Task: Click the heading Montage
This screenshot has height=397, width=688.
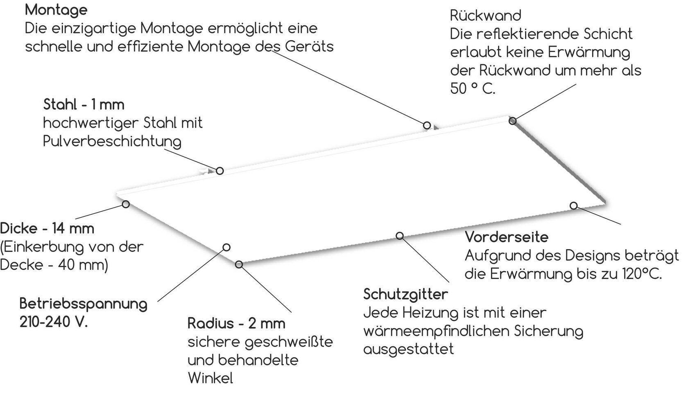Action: coord(56,9)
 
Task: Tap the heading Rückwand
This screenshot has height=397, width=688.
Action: coord(485,16)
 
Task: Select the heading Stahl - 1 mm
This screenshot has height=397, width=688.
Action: coord(84,104)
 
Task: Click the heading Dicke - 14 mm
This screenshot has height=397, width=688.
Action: coord(47,228)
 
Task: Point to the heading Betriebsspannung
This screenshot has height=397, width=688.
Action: coord(84,304)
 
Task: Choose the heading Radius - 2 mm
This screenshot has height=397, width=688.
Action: coord(236,323)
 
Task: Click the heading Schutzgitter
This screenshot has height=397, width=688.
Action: coord(405,294)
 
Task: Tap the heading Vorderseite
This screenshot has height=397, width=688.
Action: coord(507,237)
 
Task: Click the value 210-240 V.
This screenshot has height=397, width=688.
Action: coord(54,322)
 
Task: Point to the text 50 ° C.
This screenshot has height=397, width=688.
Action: coord(473,88)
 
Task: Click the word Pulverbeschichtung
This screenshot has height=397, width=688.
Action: coord(112,141)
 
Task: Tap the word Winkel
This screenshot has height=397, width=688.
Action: coord(210,378)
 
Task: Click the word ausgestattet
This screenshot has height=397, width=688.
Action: coord(409,349)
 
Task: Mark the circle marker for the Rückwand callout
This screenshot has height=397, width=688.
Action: coord(512,120)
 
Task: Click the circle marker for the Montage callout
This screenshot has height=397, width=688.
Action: coord(427,125)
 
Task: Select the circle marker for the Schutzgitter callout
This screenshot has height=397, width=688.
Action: coord(400,235)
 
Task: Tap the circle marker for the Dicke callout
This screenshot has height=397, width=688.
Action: coord(126,204)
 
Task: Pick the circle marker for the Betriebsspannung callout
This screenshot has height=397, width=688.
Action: coord(226,247)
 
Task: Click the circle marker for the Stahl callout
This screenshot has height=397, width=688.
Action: coord(220,170)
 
